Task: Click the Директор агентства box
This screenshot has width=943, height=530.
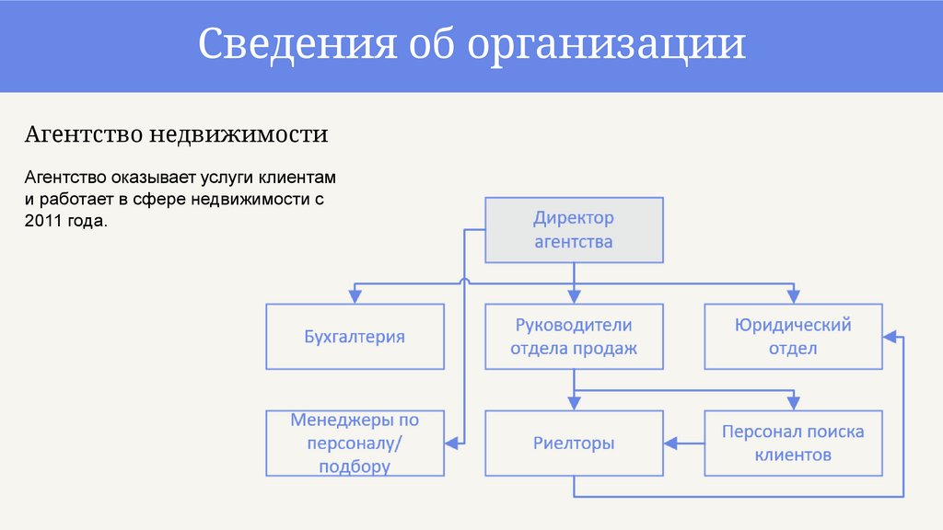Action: coord(573,230)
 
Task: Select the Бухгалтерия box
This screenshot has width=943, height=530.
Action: coord(355,337)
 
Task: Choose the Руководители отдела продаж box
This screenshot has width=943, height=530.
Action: coord(573,337)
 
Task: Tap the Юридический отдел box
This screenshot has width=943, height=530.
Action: coord(793,337)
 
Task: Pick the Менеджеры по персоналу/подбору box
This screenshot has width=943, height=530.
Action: coord(355,443)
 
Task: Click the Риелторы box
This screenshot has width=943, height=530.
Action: coord(573,443)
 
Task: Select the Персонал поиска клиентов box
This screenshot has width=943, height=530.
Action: coord(793,443)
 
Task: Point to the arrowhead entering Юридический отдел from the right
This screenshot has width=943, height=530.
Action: coord(890,337)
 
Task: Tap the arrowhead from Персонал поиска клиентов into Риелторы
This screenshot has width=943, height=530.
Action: coord(670,444)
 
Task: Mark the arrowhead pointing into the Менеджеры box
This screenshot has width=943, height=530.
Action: coord(451,443)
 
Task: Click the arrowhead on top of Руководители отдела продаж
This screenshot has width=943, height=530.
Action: coord(573,296)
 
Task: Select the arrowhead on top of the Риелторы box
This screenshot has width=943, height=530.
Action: coord(573,403)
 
